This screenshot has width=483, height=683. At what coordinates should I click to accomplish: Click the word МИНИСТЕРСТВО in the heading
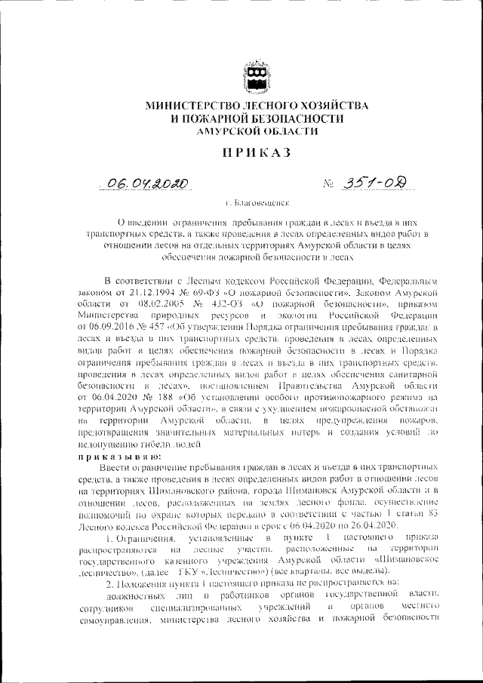190,106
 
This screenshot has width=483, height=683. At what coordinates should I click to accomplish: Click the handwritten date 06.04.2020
146,183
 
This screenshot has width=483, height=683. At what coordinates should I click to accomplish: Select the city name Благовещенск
261,204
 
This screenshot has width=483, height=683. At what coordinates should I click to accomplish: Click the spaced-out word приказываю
115,457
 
